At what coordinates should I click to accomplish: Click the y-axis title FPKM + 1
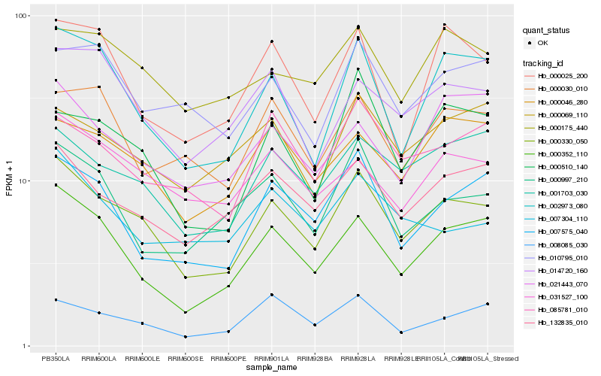[x=10, y=181]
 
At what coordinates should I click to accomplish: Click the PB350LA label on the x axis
[x=56, y=358]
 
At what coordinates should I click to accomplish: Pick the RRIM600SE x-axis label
[x=185, y=358]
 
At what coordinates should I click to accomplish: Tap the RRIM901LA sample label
[x=271, y=358]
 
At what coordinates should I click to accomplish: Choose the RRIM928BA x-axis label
[x=315, y=358]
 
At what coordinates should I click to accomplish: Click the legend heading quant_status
[x=547, y=31]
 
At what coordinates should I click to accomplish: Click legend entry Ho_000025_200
[x=564, y=76]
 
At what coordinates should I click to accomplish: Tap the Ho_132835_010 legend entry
[x=564, y=323]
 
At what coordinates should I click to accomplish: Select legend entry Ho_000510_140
[x=564, y=166]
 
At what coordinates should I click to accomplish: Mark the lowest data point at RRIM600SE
[x=185, y=337]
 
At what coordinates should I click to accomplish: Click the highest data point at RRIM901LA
[x=271, y=41]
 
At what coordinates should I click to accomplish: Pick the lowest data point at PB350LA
[x=56, y=300]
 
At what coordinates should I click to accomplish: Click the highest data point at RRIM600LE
[x=142, y=68]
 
